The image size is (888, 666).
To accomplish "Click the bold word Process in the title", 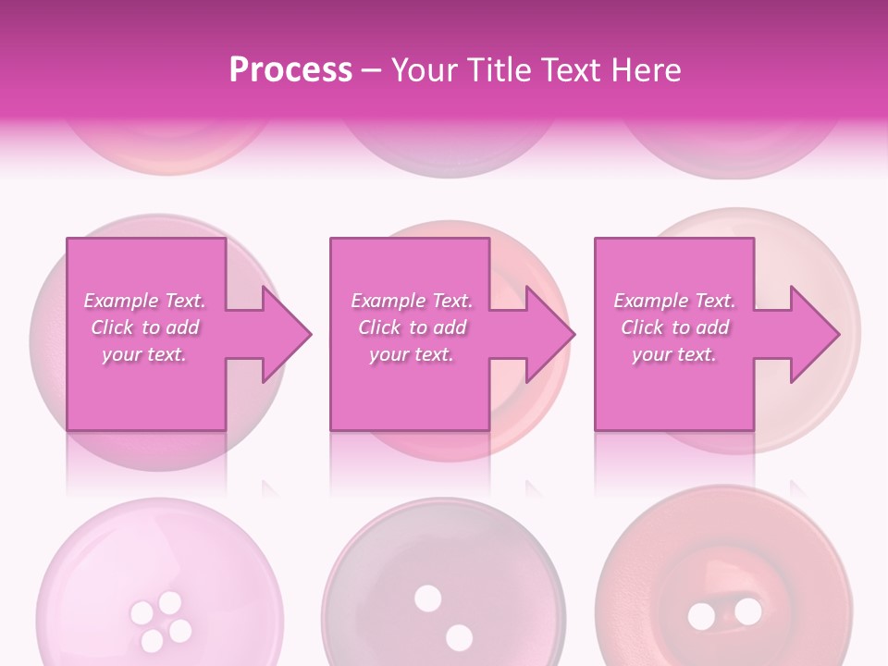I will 290,70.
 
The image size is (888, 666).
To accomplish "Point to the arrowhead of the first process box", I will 287,334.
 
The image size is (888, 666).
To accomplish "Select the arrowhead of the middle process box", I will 550,334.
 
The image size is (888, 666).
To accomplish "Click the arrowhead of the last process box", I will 815,334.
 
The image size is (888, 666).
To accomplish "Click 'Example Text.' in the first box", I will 144,301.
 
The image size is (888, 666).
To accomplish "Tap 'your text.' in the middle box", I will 411,354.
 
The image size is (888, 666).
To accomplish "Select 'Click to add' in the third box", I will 674,327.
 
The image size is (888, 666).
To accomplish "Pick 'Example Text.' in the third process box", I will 674,301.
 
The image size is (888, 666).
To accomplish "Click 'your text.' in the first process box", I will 144,354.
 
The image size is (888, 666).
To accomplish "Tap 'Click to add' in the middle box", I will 411,327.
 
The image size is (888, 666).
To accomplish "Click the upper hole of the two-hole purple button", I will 427,598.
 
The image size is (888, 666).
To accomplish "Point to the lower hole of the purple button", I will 459,636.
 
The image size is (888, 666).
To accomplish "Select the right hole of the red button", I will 747,611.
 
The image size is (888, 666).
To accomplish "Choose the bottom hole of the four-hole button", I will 152,639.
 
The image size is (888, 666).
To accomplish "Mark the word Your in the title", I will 423,70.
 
